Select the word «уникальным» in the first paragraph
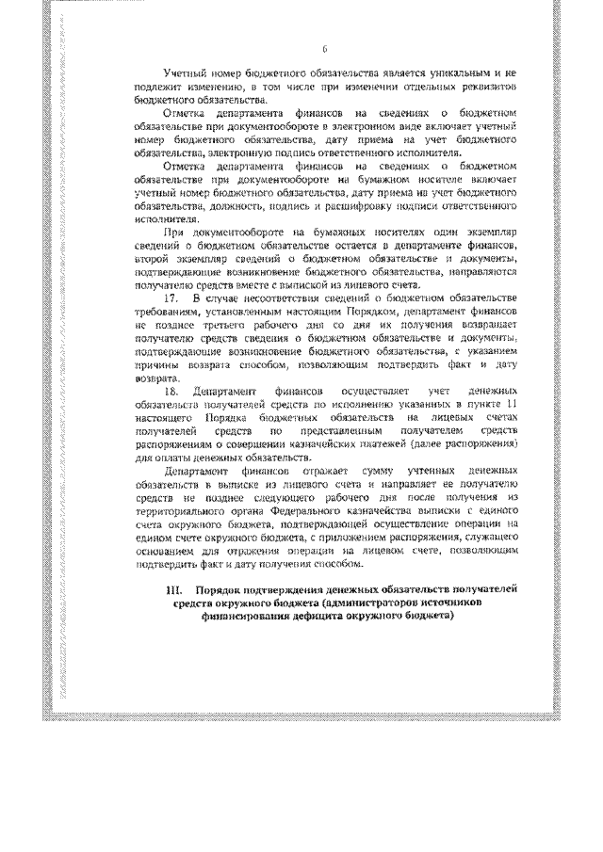[456, 72]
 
